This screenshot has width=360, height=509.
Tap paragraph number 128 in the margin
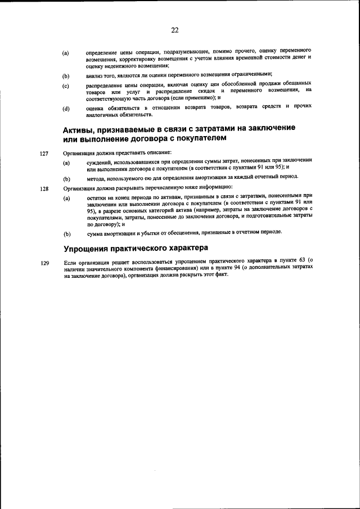(x=44, y=188)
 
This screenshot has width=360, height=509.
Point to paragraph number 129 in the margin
(x=44, y=263)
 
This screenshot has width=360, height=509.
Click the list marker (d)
(x=66, y=109)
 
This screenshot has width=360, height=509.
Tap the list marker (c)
(x=66, y=86)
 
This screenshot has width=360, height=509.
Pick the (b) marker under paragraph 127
(x=66, y=178)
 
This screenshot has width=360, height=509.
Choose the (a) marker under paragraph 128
(x=66, y=199)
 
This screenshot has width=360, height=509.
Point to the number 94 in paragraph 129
(x=213, y=269)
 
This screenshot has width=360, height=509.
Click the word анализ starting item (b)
(x=95, y=74)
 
